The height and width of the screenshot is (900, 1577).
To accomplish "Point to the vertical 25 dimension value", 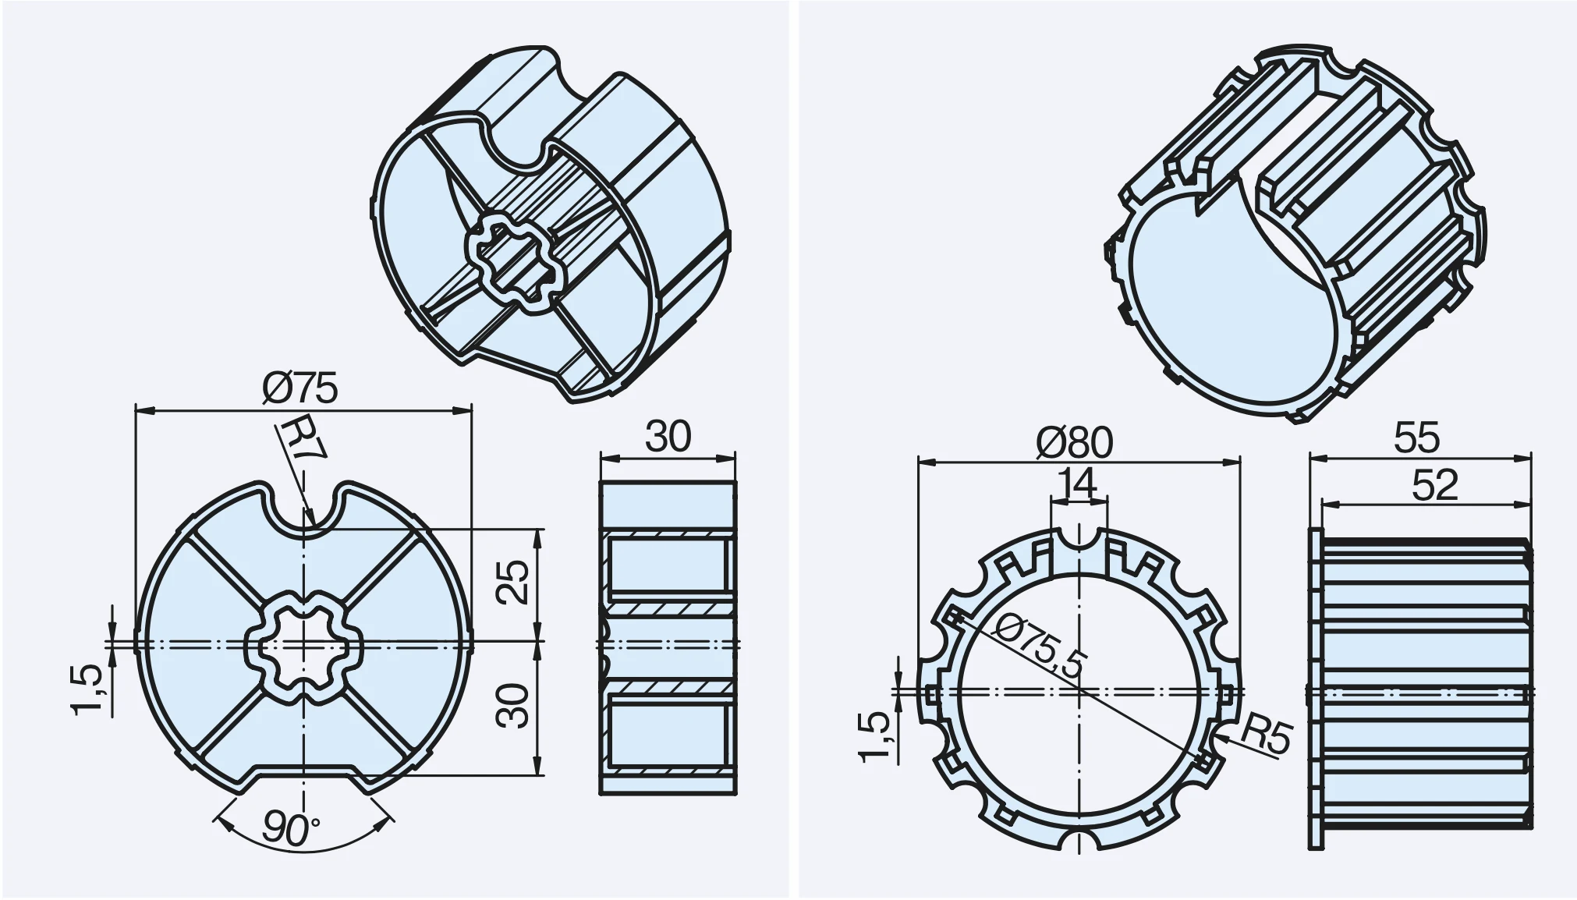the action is point(515,581).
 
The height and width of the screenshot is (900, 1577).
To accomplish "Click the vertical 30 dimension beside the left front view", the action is point(515,706).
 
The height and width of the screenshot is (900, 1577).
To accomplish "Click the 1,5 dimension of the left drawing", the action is point(87,689).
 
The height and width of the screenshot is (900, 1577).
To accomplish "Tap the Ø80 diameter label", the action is point(1075,443).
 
